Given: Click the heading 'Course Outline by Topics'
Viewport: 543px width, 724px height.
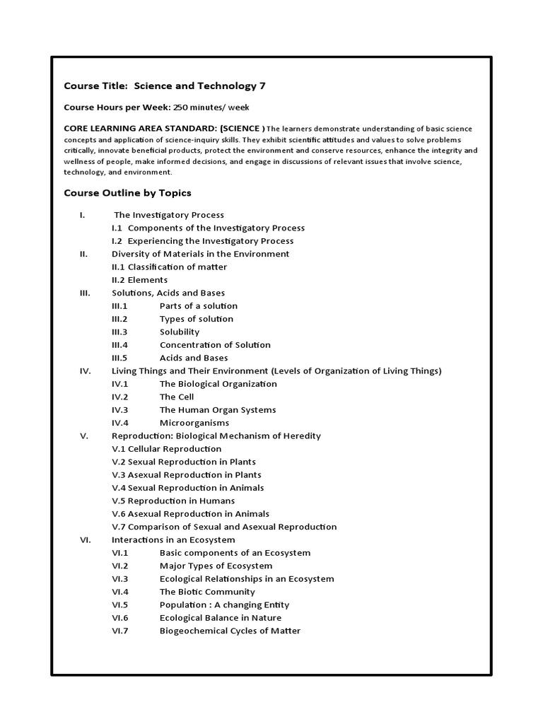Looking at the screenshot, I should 128,193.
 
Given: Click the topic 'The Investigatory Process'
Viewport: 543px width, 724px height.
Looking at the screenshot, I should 169,215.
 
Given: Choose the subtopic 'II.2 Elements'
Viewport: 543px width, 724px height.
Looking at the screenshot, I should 140,280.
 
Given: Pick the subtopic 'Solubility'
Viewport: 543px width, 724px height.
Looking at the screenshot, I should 180,332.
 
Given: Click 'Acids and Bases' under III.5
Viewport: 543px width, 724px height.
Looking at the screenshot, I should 194,358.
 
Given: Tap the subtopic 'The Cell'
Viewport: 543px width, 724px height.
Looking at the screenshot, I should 177,397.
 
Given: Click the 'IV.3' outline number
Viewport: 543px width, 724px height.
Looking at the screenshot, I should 119,410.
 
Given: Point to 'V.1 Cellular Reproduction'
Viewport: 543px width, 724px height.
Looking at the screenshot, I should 167,449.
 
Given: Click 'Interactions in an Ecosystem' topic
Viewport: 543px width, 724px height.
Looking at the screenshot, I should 173,539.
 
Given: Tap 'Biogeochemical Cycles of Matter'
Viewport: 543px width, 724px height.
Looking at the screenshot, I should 230,631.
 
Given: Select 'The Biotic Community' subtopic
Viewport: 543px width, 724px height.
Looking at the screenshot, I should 207,592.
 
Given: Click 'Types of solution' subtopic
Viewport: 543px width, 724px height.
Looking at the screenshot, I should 197,319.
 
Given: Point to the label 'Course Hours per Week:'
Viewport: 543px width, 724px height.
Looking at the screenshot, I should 117,107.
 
